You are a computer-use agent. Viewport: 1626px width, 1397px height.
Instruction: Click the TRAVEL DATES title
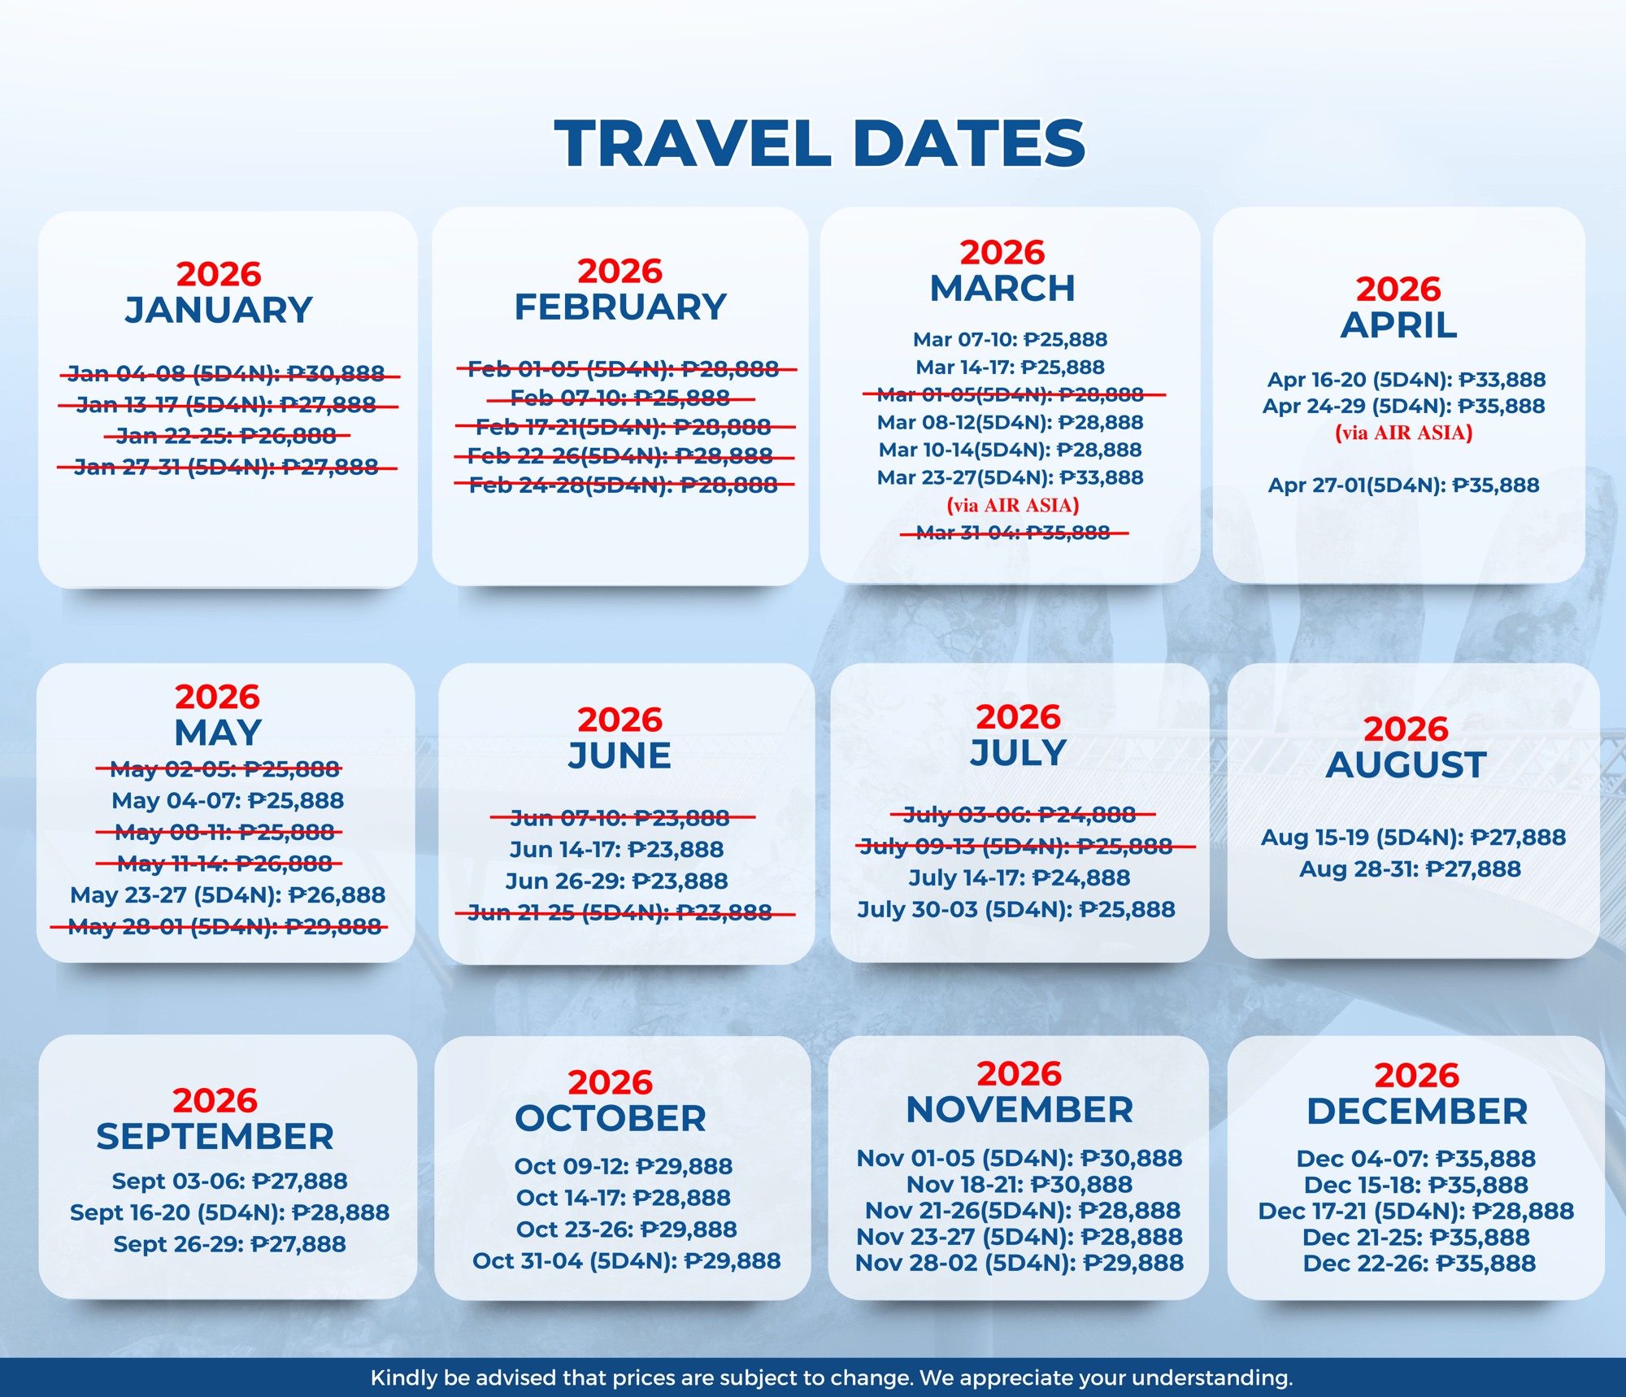click(x=820, y=143)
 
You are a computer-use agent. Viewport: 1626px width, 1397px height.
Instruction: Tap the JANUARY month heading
click(x=219, y=310)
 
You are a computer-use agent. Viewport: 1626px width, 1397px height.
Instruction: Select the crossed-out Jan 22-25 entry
click(x=227, y=436)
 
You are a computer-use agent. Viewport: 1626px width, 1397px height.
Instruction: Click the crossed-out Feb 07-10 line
click(x=620, y=398)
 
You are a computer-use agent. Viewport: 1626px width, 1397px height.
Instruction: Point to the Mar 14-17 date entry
click(x=1010, y=367)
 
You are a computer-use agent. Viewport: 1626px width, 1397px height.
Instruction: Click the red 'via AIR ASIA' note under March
click(x=1013, y=505)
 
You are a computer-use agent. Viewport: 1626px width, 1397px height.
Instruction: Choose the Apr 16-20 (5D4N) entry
click(x=1406, y=379)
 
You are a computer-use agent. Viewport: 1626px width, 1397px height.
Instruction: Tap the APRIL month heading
click(x=1398, y=325)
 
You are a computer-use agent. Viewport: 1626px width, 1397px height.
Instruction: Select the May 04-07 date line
click(x=228, y=800)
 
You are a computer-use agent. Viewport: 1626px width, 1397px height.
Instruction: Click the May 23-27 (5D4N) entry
click(x=228, y=894)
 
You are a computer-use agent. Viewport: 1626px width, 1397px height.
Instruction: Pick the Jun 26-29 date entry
click(x=616, y=881)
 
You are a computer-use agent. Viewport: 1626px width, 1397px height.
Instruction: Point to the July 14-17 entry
click(x=1019, y=877)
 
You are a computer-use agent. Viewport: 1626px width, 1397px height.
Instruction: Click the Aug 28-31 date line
click(x=1410, y=868)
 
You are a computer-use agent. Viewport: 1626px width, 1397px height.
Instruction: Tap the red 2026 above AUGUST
click(x=1406, y=729)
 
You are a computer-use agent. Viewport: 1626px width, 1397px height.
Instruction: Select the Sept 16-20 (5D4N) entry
click(x=229, y=1212)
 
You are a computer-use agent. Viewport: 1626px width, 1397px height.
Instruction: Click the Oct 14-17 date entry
click(x=624, y=1197)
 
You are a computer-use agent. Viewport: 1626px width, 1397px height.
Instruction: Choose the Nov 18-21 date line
click(x=1020, y=1184)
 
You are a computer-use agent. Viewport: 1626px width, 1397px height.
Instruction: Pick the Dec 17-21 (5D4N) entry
click(x=1416, y=1211)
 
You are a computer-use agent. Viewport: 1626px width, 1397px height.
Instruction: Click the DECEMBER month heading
click(x=1417, y=1111)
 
